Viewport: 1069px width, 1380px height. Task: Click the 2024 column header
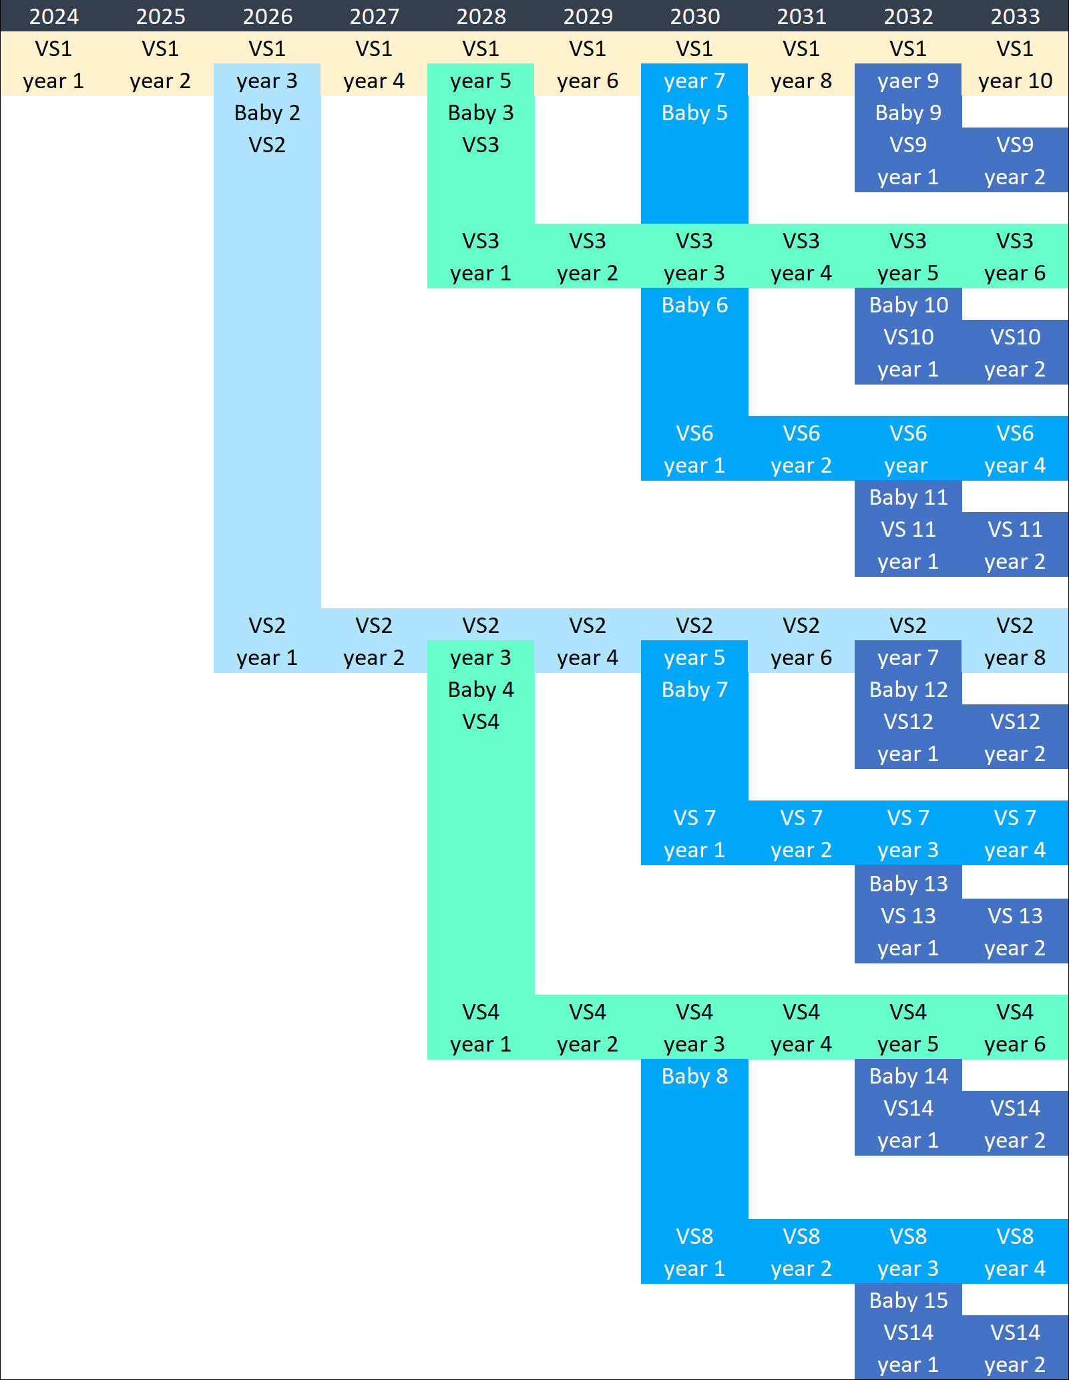click(x=53, y=16)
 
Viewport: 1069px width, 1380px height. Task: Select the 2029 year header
click(x=588, y=16)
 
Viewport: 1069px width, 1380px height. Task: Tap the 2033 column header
click(x=1015, y=16)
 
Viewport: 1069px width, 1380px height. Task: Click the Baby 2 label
click(x=267, y=113)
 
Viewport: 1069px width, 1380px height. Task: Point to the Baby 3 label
click(x=481, y=113)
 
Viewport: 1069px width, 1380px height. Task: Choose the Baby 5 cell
click(x=694, y=113)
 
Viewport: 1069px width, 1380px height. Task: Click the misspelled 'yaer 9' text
click(x=908, y=81)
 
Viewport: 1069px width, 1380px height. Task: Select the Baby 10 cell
click(x=908, y=305)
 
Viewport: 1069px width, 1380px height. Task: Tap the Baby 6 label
click(x=694, y=305)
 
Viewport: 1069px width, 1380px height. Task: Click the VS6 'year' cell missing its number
click(x=906, y=465)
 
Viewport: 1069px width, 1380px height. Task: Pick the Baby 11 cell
click(x=908, y=497)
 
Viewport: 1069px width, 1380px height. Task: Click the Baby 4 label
click(x=481, y=690)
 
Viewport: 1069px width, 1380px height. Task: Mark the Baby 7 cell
click(x=694, y=690)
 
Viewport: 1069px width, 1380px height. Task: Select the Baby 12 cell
click(x=908, y=690)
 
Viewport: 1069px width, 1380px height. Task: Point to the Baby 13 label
click(x=908, y=884)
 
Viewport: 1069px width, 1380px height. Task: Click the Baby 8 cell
click(x=694, y=1076)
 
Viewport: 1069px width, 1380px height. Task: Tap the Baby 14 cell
click(x=908, y=1076)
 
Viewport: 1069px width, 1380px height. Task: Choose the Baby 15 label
click(x=908, y=1301)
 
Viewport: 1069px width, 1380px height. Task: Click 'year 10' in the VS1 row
click(x=1015, y=81)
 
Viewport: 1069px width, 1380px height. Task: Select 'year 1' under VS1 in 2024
click(x=53, y=81)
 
